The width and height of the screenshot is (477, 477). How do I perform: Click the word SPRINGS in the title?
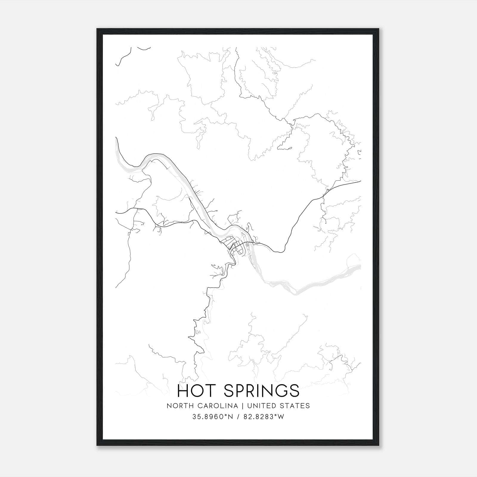point(261,391)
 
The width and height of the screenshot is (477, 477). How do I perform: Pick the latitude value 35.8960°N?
point(212,417)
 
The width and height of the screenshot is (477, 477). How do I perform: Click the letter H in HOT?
point(182,391)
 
